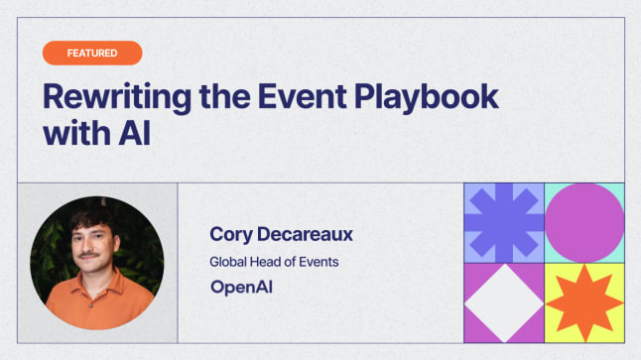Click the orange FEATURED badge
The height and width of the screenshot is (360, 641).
point(92,53)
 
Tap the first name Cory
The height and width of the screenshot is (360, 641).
point(231,234)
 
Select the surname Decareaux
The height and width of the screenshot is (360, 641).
point(308,234)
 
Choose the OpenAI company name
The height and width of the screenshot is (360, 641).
point(241,288)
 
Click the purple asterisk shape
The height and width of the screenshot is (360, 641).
point(504,222)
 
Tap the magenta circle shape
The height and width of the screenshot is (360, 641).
point(584,222)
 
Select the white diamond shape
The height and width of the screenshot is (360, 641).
point(504,302)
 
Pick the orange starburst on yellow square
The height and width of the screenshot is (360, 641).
point(584,302)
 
